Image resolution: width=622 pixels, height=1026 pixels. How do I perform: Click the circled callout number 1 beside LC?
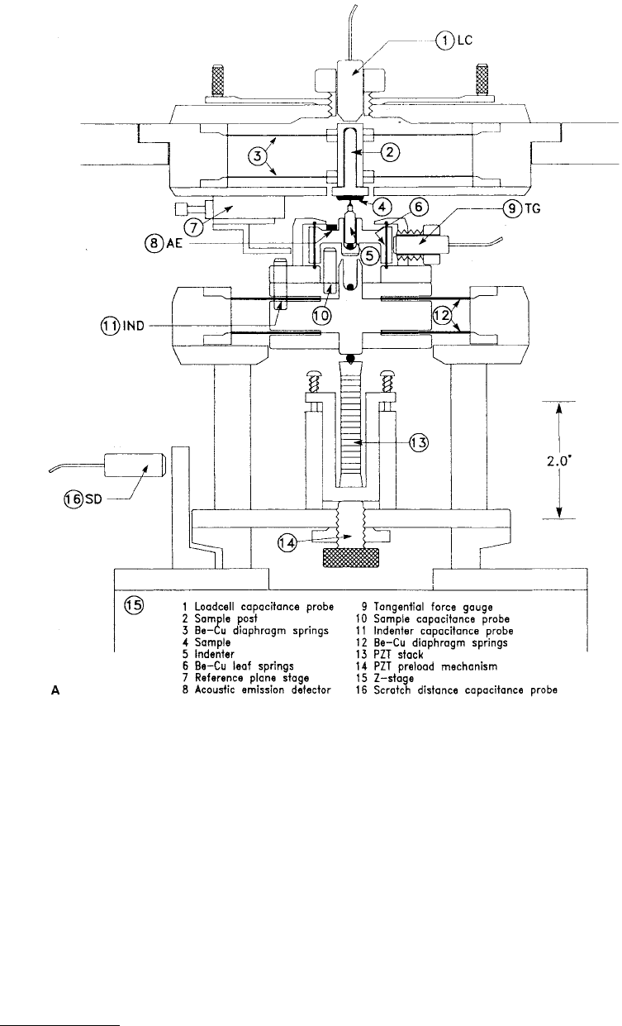click(x=444, y=41)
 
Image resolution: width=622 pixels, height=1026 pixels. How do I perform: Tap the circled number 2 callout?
click(x=390, y=152)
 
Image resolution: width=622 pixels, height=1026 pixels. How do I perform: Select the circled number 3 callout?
click(x=257, y=156)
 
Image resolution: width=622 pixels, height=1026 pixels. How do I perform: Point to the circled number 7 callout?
click(x=193, y=227)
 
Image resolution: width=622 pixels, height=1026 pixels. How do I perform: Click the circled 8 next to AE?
click(x=154, y=242)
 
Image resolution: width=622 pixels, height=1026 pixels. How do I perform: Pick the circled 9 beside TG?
click(x=512, y=209)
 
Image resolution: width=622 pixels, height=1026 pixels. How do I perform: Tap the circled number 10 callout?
click(x=321, y=315)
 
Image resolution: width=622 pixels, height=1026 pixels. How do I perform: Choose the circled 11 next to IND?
click(x=110, y=326)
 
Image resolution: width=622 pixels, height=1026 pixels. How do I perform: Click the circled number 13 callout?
click(x=418, y=443)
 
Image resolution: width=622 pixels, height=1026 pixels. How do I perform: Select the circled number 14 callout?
click(x=287, y=543)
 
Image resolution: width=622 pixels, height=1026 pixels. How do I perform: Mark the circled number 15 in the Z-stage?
click(x=134, y=605)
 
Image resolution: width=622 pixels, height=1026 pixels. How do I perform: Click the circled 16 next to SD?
click(x=74, y=499)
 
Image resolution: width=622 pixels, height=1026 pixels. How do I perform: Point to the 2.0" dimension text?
click(x=560, y=461)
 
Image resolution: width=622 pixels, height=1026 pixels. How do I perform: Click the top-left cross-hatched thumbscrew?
click(x=216, y=81)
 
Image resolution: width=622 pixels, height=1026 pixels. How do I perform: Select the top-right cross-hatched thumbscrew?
click(x=482, y=81)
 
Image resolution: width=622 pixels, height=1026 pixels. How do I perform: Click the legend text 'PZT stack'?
click(x=398, y=655)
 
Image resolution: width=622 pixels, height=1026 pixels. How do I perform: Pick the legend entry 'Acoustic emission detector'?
click(x=263, y=690)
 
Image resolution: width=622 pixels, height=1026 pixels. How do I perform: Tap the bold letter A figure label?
click(x=55, y=690)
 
